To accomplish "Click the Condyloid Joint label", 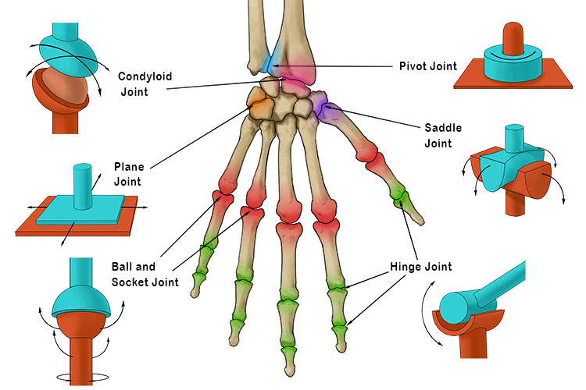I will tap(145, 84).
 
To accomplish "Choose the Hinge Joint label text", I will tap(420, 268).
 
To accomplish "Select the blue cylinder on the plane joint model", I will tap(82, 186).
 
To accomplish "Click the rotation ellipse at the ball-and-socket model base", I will tap(80, 378).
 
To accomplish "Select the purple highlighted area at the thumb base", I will tap(326, 108).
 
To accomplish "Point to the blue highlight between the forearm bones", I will tap(268, 62).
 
